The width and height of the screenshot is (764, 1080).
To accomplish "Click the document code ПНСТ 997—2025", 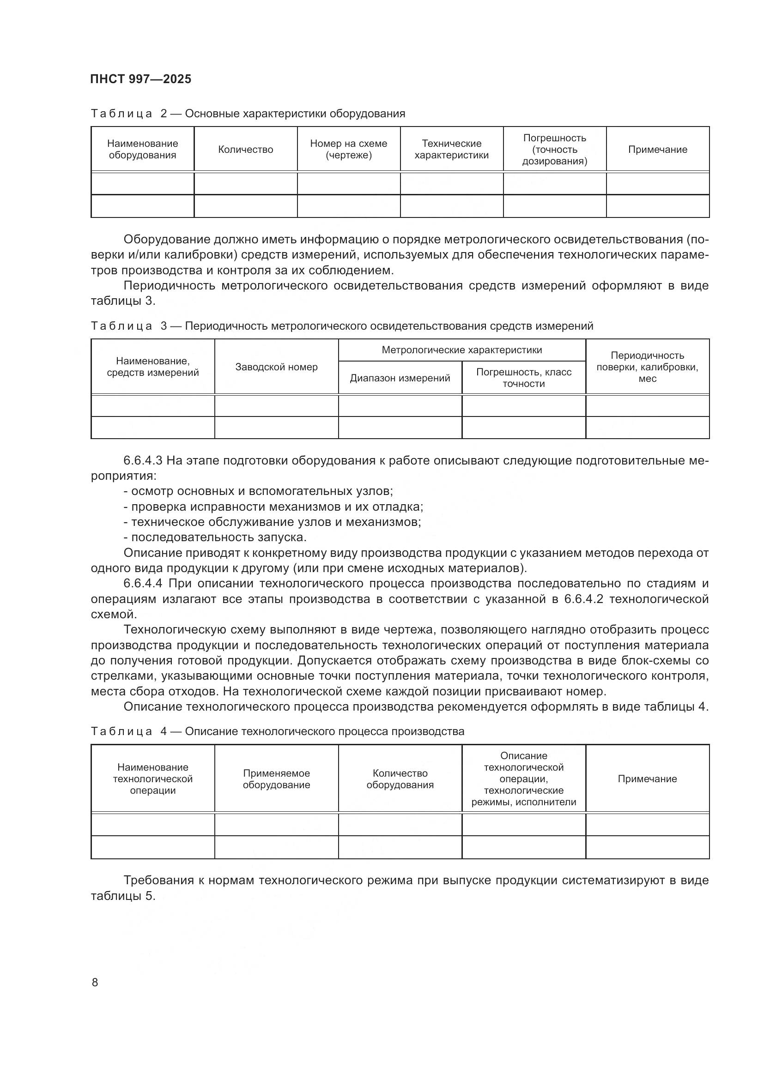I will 141,79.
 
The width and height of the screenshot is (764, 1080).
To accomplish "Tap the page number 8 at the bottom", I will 95,982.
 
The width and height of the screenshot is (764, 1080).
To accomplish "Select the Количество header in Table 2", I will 246,150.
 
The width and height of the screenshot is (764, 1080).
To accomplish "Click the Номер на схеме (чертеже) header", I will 349,150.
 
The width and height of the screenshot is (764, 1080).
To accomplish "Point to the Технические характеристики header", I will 452,150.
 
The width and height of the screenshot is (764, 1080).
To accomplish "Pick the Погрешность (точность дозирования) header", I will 555,150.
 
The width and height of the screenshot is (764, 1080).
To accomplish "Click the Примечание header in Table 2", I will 658,150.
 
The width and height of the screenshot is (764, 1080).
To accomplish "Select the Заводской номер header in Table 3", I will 277,367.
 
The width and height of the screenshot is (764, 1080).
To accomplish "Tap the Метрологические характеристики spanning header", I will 462,350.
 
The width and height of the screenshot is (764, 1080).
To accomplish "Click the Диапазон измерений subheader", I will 400,378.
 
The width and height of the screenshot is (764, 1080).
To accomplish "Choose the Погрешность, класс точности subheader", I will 524,378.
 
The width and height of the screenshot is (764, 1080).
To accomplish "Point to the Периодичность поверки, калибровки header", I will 647,367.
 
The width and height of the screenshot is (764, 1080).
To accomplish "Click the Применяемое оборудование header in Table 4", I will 277,779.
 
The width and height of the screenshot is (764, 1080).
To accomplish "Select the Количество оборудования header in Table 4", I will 400,779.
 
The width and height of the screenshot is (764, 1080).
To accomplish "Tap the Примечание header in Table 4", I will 647,779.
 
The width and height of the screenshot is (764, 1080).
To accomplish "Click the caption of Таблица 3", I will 341,326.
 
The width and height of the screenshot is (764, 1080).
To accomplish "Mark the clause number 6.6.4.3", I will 143,460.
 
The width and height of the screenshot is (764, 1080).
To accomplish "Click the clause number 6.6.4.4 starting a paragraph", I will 143,584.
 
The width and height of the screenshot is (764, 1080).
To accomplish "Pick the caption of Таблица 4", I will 278,731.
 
